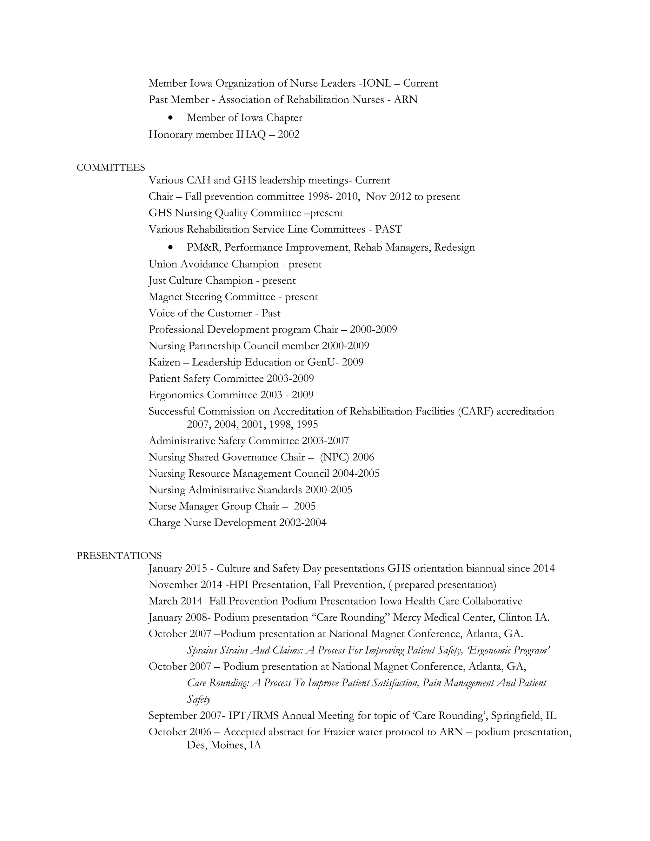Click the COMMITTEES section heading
point(110,168)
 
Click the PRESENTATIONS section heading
point(119,556)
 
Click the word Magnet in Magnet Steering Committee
point(166,297)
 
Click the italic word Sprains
point(202,650)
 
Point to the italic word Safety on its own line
point(199,699)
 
